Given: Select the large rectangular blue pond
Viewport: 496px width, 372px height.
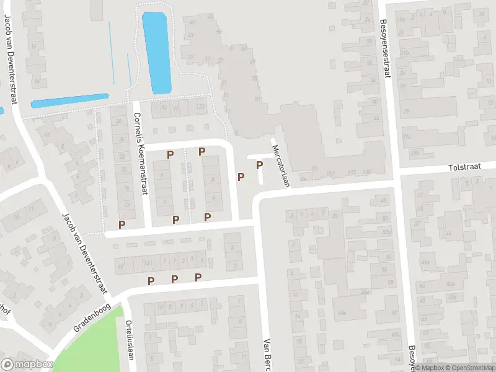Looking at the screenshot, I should [x=156, y=53].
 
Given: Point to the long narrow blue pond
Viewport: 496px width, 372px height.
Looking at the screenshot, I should [x=70, y=100].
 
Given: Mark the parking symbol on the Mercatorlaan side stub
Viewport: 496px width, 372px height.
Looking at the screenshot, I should [x=259, y=165].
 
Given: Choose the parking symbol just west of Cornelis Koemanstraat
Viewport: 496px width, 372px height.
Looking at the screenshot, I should [x=122, y=224].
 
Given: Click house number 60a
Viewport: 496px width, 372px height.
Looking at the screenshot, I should [x=343, y=313].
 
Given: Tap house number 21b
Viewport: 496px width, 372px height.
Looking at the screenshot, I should [x=404, y=53].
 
